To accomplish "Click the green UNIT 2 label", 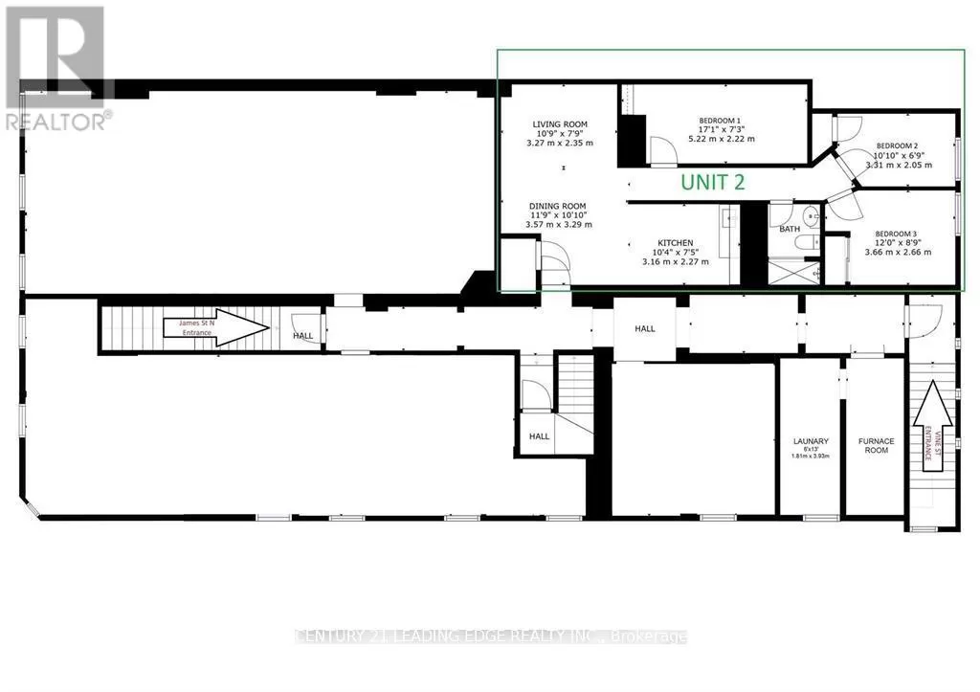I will tap(712, 182).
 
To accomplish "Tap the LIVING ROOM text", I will tap(560, 124).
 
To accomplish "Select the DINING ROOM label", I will tap(559, 206).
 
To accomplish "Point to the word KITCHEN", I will tap(675, 243).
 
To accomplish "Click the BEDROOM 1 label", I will tap(723, 121).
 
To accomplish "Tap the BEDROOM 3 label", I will tap(897, 234).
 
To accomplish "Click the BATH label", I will tap(790, 230).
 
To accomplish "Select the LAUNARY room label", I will tap(810, 441).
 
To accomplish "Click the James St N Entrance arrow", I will tap(216, 327).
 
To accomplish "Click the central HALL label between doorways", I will tap(645, 328).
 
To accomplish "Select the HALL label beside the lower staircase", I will tap(540, 435).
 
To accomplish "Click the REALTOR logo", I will tap(56, 67).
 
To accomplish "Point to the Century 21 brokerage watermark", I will tap(491, 636).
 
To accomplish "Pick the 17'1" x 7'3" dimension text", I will tap(723, 130).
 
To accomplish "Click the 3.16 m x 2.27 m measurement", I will tap(675, 261).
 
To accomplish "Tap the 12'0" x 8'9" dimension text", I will tap(897, 243).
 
